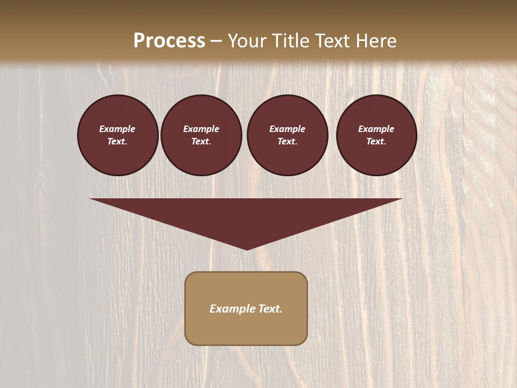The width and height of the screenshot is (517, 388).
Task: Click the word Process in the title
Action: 169,41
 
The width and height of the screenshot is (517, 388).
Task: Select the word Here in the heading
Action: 376,41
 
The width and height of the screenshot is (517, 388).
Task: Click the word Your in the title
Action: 247,41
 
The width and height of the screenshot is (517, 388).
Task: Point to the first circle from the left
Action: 118,135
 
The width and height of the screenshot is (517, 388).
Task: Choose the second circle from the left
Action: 201,135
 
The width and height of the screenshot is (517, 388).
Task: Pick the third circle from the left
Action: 288,135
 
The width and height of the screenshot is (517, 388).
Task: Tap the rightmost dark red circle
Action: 376,135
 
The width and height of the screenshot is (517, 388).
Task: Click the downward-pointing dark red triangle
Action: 246,216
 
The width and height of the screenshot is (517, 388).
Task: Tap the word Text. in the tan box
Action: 270,309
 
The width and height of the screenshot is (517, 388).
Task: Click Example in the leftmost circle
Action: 117,129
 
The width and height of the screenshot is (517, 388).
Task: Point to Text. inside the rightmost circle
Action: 376,142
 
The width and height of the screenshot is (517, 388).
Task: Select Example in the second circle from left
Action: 201,129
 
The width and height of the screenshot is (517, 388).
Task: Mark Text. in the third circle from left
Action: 288,142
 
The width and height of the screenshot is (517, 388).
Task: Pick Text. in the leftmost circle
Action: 117,142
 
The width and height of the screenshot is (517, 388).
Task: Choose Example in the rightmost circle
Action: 376,129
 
